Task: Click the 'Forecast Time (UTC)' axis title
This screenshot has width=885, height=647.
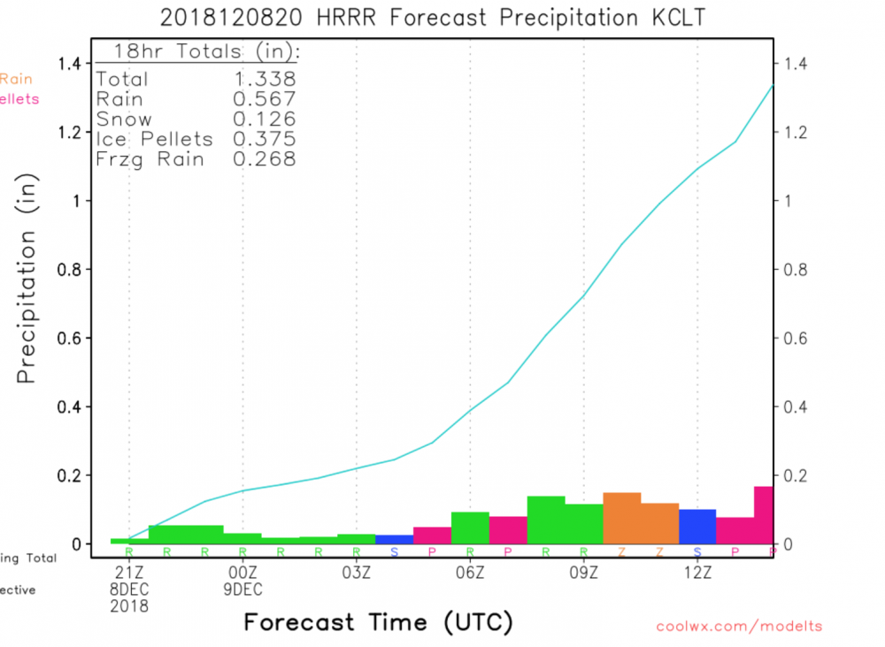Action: pos(378,623)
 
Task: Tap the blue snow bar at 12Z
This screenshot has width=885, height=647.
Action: pos(697,527)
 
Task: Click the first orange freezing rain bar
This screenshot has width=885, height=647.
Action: pos(621,519)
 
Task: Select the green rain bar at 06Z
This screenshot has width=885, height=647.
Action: pos(470,528)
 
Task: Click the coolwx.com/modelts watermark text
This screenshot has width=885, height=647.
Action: pos(739,627)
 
